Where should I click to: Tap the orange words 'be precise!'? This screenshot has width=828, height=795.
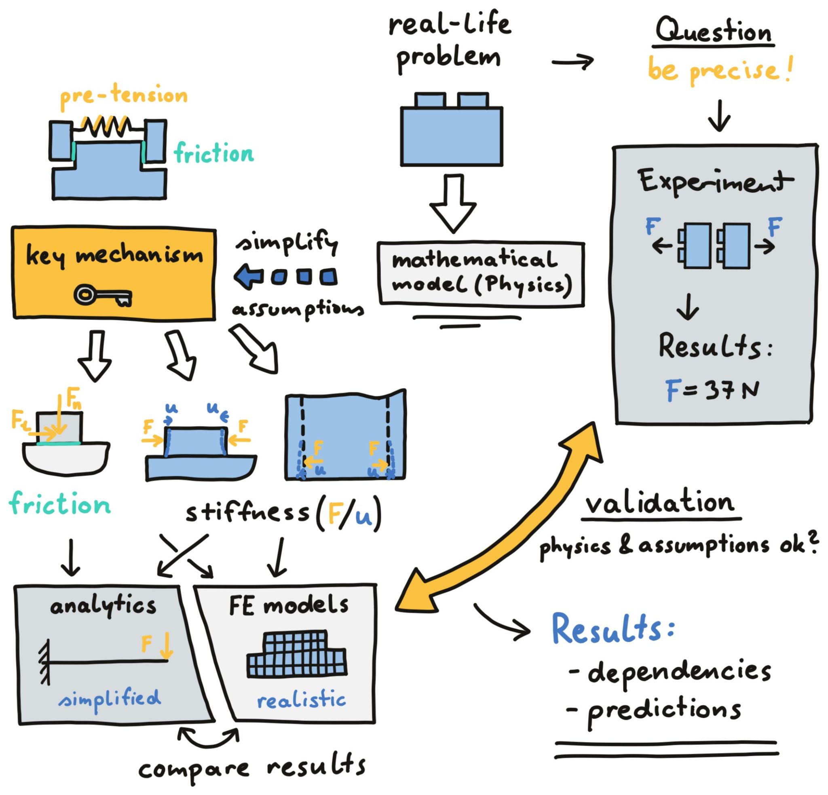(x=720, y=70)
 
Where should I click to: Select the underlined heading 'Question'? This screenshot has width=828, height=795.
(x=714, y=31)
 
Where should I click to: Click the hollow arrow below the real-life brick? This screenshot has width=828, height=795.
(x=453, y=203)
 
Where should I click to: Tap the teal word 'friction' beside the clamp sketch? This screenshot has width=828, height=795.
(x=214, y=153)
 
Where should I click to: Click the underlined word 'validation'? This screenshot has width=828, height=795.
(x=660, y=503)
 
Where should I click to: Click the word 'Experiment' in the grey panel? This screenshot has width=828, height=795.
(x=716, y=182)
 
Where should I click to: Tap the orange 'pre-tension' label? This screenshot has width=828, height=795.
(x=124, y=96)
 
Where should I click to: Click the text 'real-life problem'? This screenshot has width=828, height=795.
(x=450, y=42)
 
